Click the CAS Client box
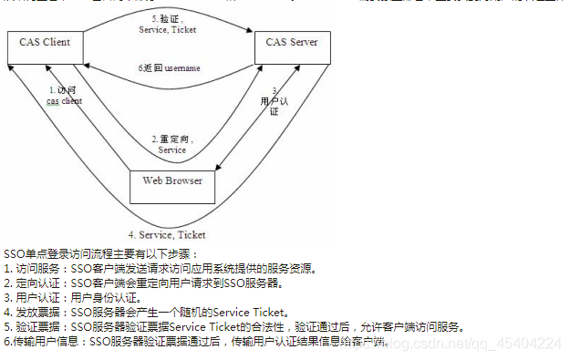pyautogui.click(x=44, y=43)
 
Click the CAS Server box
pyautogui.click(x=292, y=43)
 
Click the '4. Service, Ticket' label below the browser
pyautogui.click(x=167, y=235)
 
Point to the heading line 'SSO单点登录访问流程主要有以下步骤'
pyautogui.click(x=100, y=253)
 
